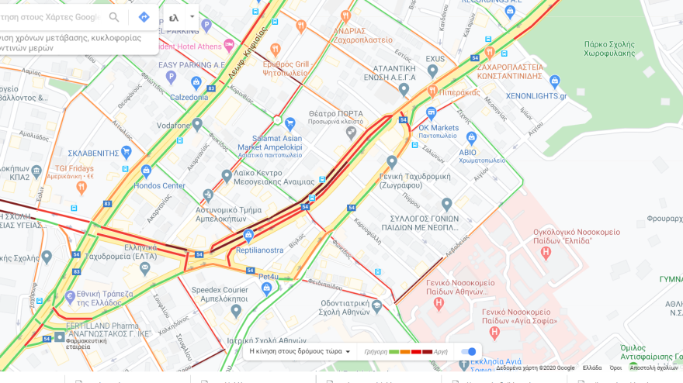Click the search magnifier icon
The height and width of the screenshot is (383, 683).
pos(114,17)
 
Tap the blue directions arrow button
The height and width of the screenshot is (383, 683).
pos(144,17)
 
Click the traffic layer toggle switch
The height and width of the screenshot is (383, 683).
pos(468,351)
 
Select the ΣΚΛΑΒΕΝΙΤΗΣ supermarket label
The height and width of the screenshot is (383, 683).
pos(93,153)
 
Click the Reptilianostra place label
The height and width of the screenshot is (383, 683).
pos(260,250)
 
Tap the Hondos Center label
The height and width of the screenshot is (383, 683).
pos(159,186)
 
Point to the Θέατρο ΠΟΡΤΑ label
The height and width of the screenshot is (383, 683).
pos(335,113)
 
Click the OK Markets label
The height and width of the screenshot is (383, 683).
pos(439,128)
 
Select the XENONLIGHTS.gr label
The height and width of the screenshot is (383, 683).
pos(536,95)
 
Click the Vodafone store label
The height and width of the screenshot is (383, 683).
pos(173,126)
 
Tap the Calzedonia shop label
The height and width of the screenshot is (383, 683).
pos(189,97)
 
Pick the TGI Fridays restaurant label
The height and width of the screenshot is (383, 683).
pos(74,168)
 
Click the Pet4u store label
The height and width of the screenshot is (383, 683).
pos(269,276)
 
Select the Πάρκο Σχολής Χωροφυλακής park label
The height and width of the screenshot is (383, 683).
pos(617,49)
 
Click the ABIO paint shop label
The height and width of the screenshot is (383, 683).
pos(467,152)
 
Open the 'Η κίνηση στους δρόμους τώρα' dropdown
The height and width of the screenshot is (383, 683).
pos(300,351)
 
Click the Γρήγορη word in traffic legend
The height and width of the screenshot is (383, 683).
pos(376,351)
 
